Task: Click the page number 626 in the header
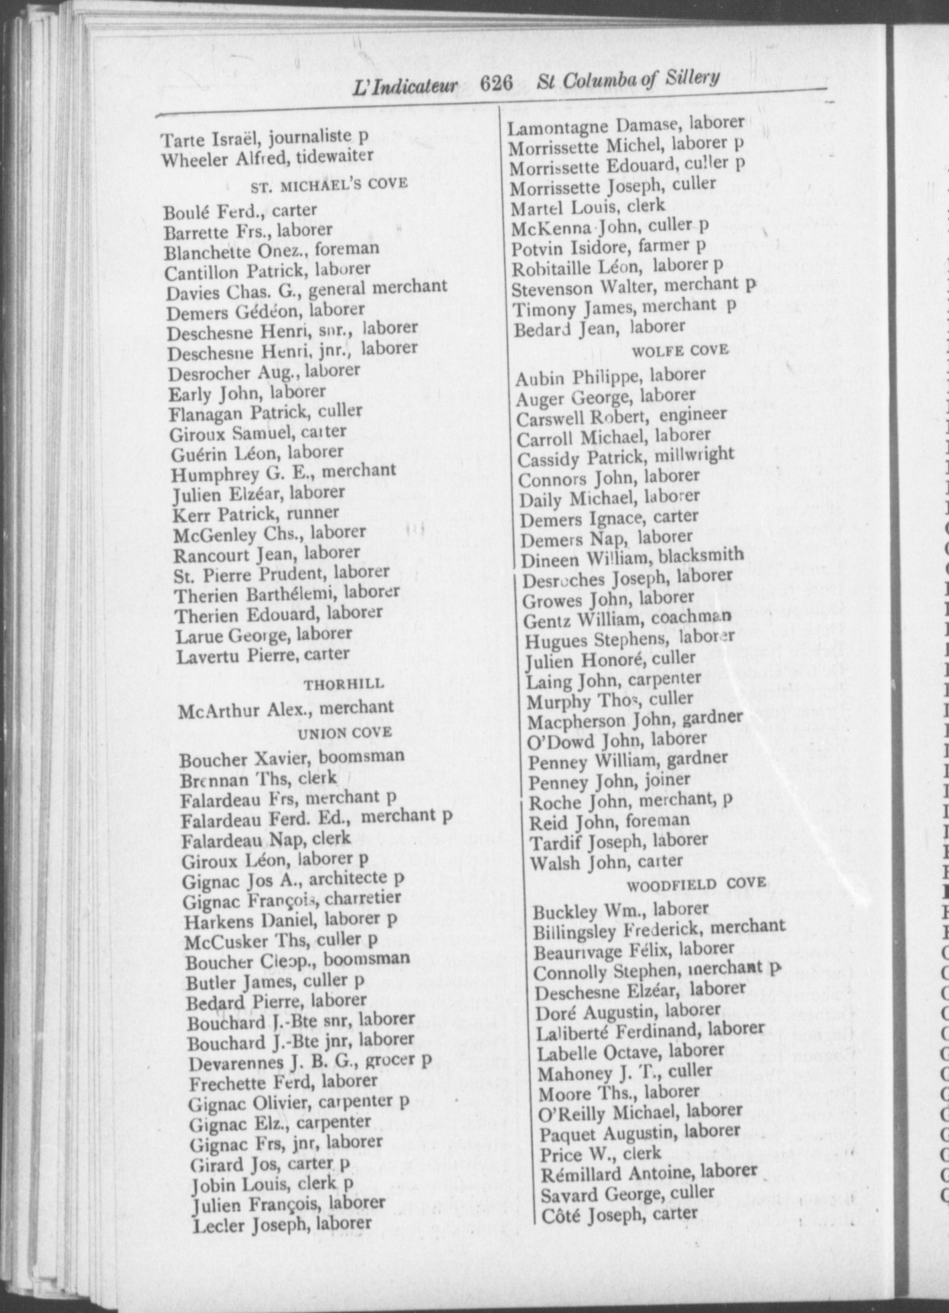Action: [497, 83]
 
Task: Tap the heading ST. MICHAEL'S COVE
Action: [329, 185]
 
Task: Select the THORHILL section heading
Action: [344, 684]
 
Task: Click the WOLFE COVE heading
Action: [681, 350]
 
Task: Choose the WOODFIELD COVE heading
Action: [696, 883]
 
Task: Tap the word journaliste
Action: [310, 138]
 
